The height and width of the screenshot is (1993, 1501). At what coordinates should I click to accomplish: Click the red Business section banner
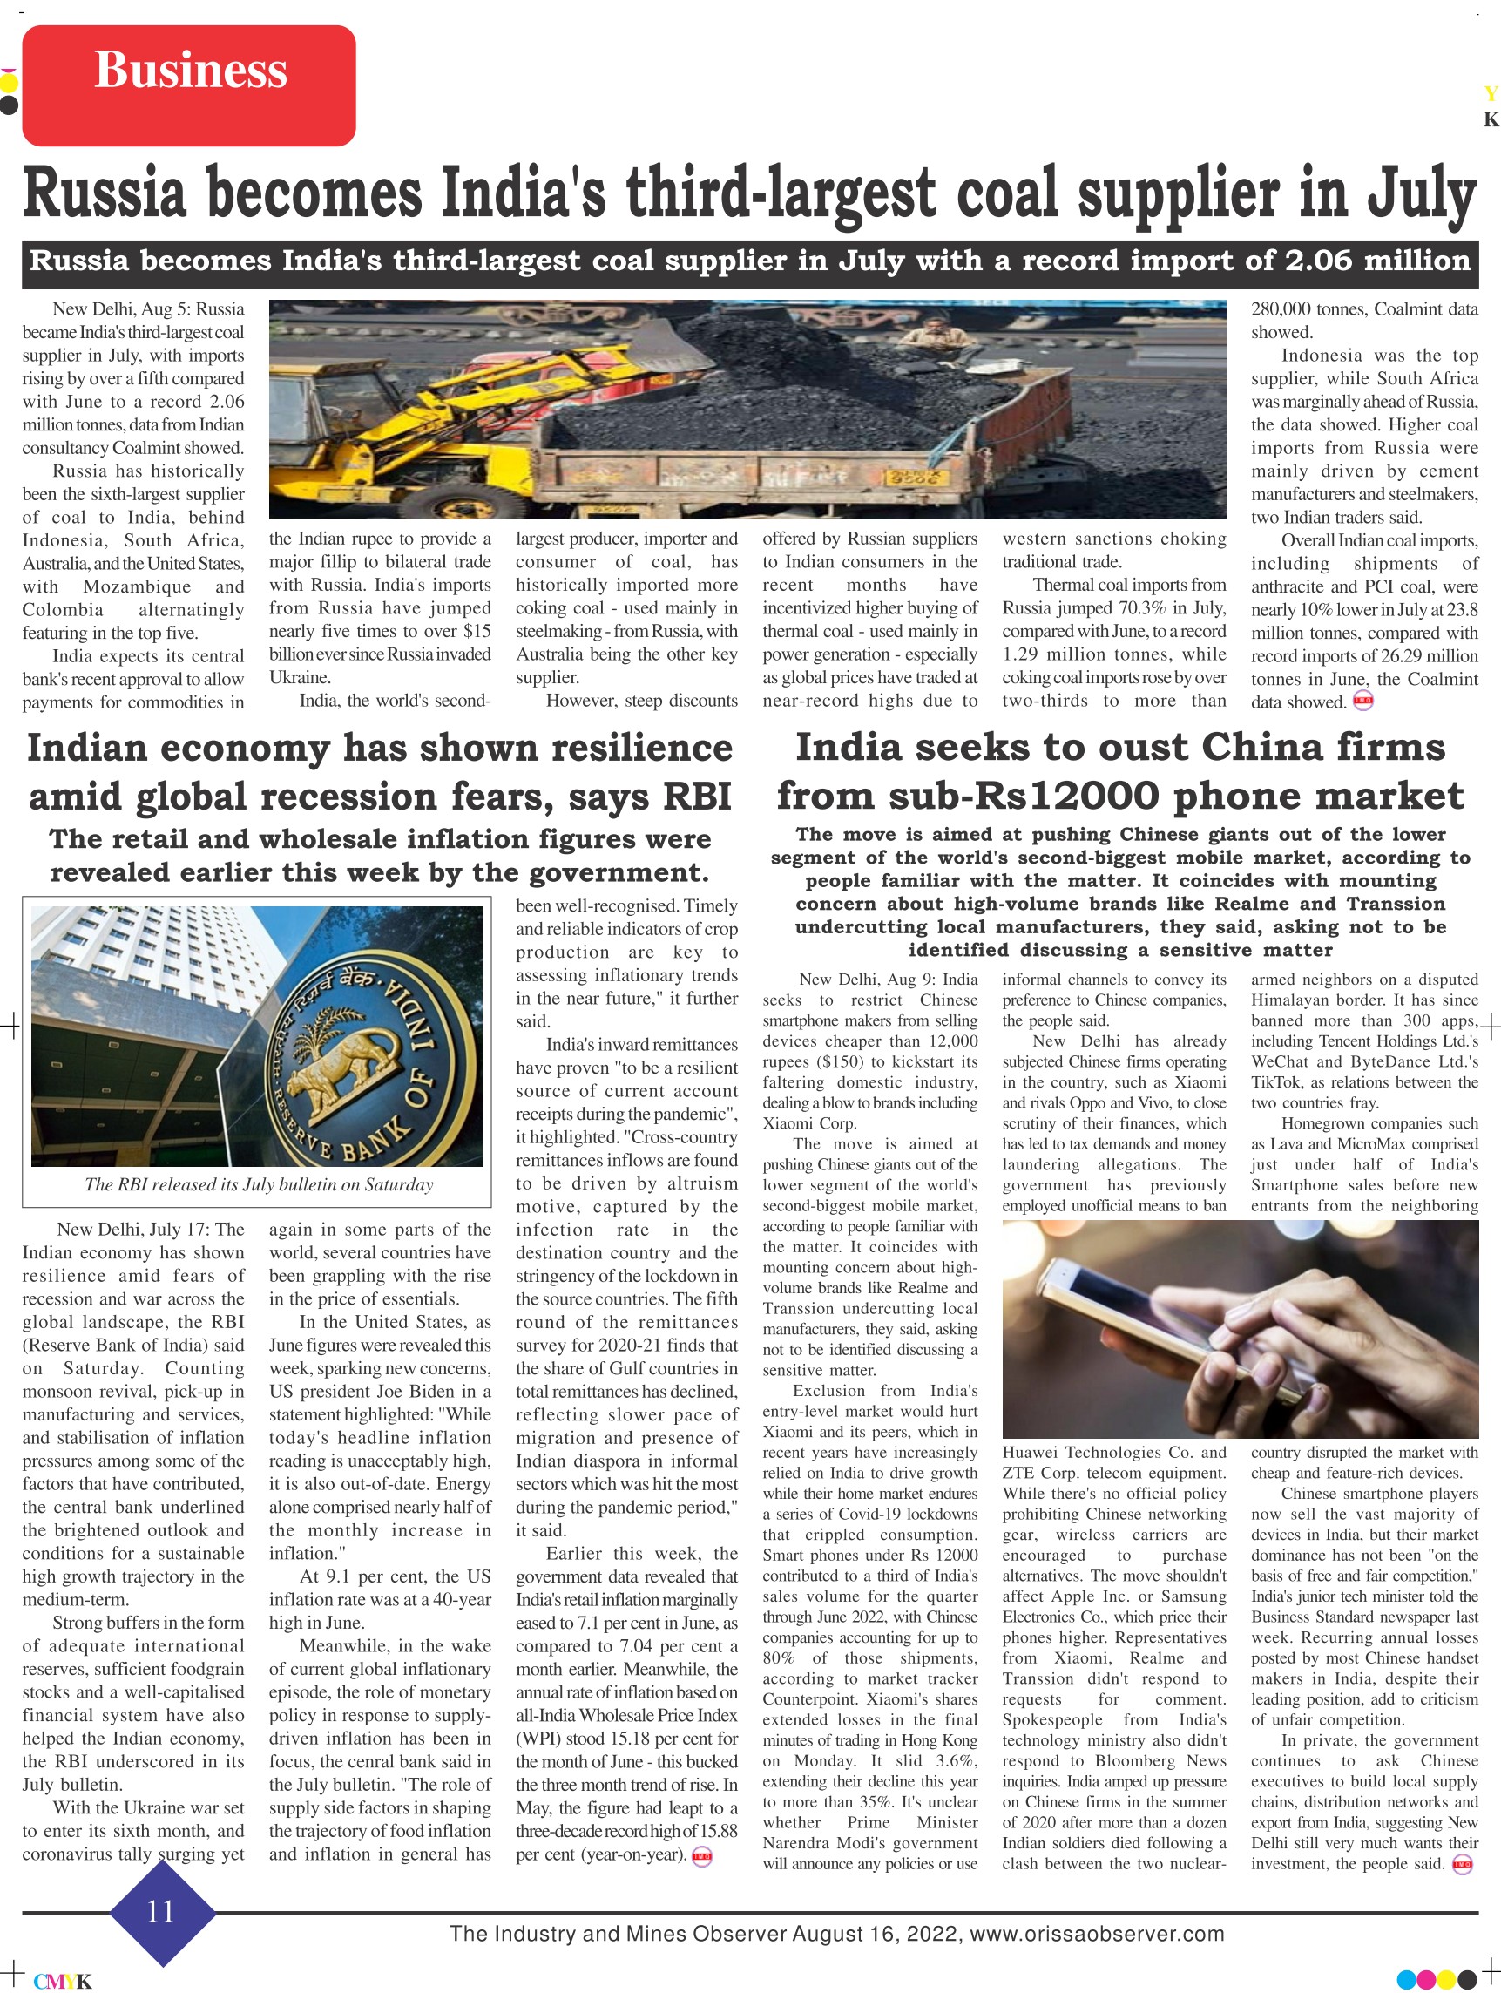click(189, 85)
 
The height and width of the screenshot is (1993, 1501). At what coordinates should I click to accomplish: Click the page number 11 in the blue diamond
click(161, 1910)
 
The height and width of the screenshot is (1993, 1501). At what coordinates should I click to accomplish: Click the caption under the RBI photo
click(259, 1184)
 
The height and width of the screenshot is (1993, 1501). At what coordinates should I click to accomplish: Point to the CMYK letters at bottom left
click(63, 1981)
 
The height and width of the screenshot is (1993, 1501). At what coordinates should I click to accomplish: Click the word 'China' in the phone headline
click(1254, 747)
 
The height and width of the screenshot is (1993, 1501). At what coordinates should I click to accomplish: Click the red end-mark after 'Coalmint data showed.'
click(1363, 702)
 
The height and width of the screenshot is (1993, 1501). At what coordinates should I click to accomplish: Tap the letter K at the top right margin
click(1491, 120)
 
